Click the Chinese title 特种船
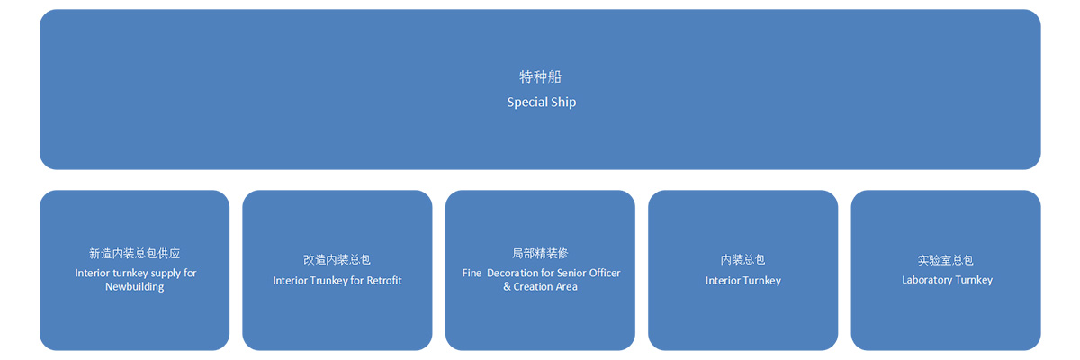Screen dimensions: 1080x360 540,76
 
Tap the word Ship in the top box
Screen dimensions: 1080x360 563,103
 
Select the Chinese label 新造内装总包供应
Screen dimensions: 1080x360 134,254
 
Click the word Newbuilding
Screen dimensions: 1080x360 134,287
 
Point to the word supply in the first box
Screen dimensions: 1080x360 166,274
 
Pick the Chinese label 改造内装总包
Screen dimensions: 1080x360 337,260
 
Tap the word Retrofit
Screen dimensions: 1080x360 384,281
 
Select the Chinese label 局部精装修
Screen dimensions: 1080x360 540,254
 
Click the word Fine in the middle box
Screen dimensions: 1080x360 472,273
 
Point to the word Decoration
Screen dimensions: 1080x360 512,273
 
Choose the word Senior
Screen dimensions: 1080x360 571,273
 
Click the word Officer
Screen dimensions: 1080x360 605,273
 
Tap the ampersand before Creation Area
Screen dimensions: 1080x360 507,287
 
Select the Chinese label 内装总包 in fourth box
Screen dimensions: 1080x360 743,260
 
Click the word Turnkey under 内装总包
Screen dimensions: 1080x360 762,281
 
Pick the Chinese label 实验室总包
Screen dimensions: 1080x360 946,260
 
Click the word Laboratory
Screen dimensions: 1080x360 927,280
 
